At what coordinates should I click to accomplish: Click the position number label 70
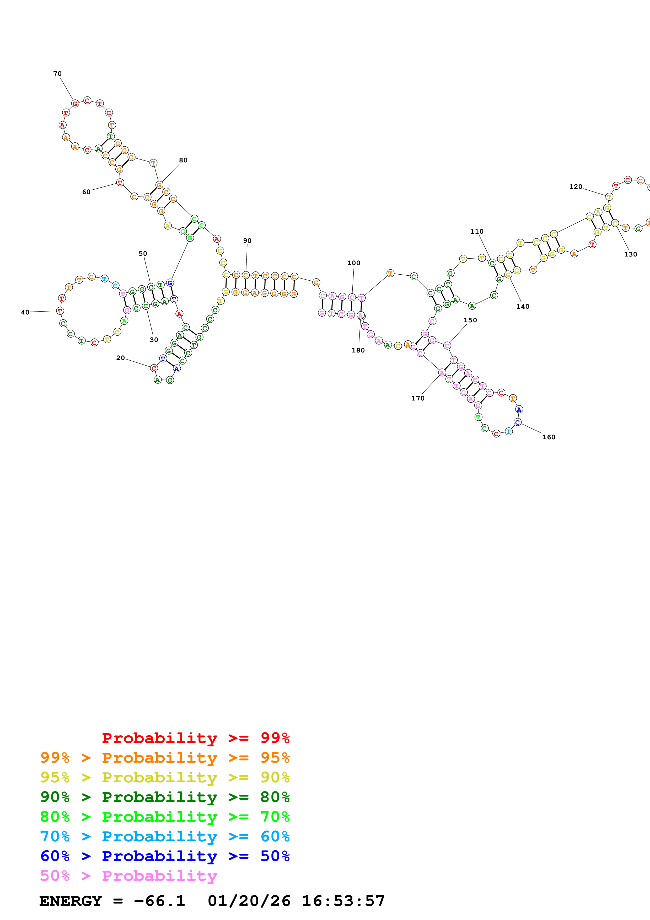[57, 74]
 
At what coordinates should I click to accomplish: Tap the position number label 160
[549, 437]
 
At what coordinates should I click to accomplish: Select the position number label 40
[25, 312]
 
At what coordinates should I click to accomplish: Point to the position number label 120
[576, 187]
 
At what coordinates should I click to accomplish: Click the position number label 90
[247, 241]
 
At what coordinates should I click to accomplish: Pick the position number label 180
[358, 350]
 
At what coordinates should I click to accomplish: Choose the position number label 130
[630, 254]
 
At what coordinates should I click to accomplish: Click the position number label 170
[418, 398]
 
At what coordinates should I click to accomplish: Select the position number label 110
[477, 232]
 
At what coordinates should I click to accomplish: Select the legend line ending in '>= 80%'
[165, 797]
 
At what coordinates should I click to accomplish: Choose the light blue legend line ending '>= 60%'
[165, 836]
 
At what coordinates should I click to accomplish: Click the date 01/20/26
[249, 901]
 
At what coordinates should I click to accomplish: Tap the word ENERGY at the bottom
[71, 901]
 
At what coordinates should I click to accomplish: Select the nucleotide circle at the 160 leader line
[517, 422]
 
